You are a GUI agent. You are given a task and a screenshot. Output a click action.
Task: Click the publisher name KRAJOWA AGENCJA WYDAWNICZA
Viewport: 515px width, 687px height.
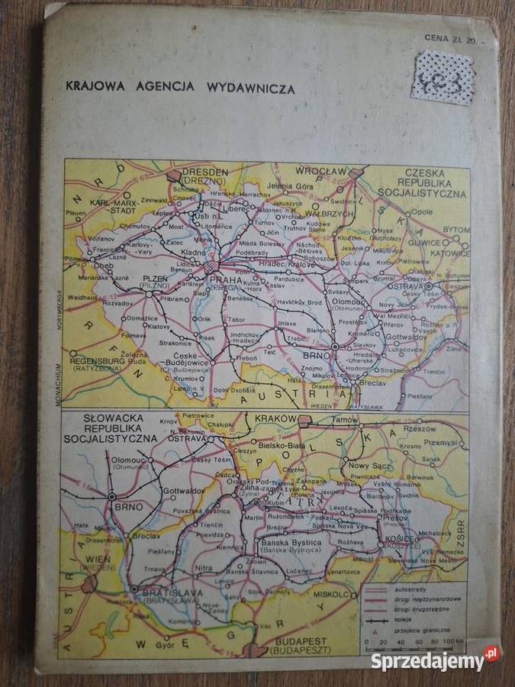181,89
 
